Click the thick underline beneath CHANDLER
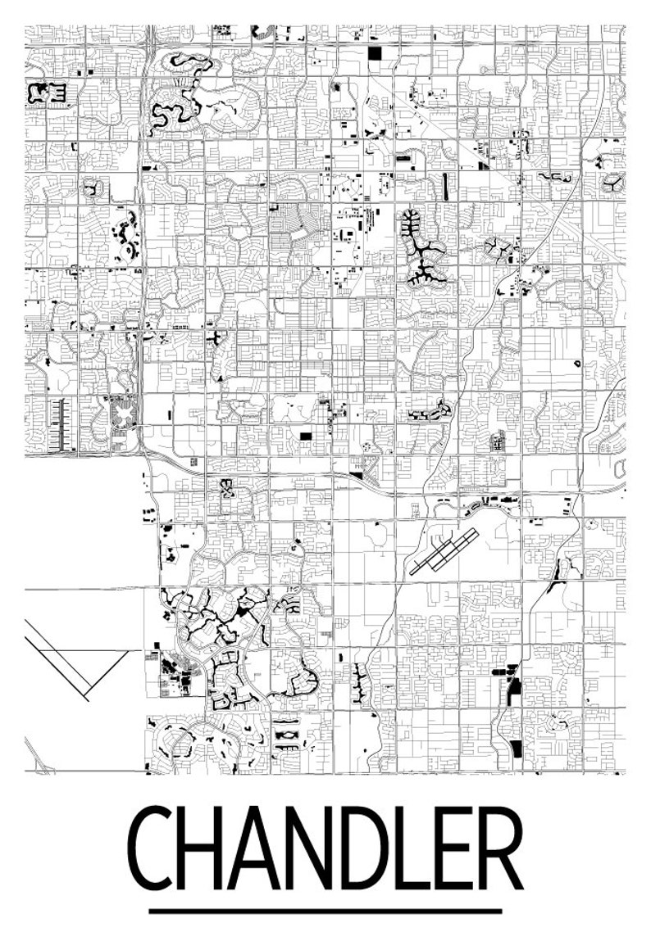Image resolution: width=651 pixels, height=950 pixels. (x=325, y=910)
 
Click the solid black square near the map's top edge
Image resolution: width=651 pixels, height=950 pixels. (x=376, y=54)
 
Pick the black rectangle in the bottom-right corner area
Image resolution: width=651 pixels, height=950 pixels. (x=515, y=748)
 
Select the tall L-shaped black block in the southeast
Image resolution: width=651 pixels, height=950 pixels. (x=512, y=688)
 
